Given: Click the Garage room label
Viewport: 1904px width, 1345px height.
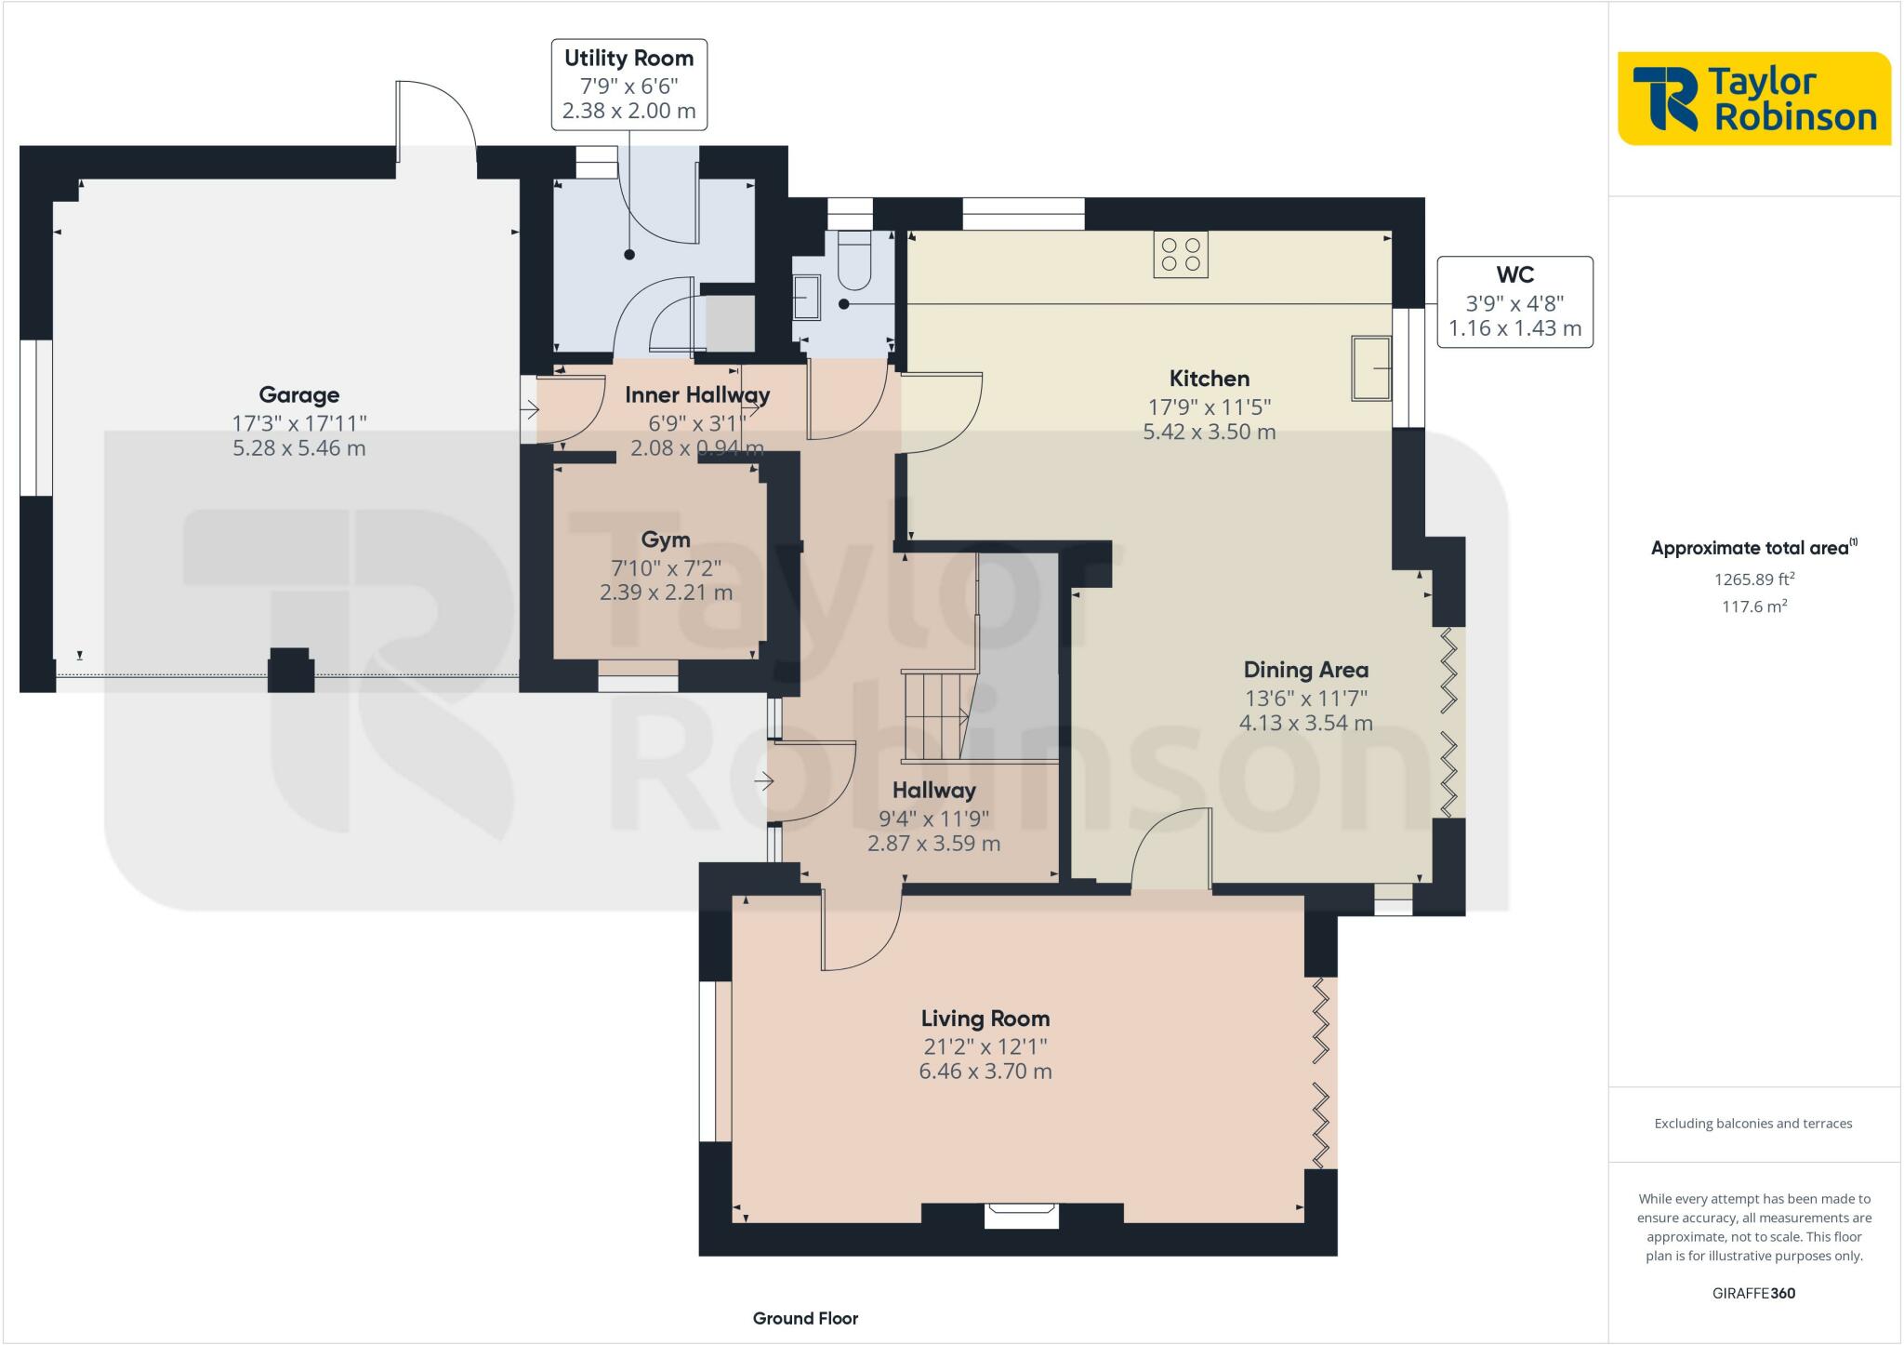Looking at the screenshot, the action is coord(298,395).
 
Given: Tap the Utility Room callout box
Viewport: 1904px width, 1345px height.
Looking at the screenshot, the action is coord(629,84).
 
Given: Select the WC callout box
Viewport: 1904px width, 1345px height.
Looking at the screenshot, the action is coord(1514,302).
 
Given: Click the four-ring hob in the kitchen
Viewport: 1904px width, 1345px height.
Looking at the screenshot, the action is coord(1181,254).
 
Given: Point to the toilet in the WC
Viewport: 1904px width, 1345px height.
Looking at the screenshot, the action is coord(853,260).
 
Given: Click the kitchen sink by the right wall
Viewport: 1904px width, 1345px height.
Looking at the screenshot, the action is coord(1371,368).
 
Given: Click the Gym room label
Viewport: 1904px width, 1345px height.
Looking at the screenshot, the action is coord(666,539).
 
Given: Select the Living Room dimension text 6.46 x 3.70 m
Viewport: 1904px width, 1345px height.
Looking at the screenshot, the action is coord(985,1072).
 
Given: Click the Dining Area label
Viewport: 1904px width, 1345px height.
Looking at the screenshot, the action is coord(1306,670).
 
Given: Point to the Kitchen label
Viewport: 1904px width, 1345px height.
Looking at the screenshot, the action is coord(1210,379).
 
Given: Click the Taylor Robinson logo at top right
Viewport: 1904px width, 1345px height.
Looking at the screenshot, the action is coord(1754,99).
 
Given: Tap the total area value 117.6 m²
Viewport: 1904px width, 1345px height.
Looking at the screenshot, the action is coord(1754,606).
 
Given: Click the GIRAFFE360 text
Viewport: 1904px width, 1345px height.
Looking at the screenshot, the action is coord(1753,1293).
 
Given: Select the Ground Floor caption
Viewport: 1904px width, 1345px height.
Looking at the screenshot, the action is coord(805,1318).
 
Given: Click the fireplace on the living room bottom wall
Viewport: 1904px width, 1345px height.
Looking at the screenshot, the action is coord(1022,1215).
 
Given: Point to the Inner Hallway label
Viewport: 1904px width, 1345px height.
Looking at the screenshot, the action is coord(697,394).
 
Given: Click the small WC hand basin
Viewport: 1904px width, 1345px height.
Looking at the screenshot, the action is coord(807,297).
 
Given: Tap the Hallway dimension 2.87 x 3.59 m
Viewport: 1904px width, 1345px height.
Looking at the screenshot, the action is coord(934,844).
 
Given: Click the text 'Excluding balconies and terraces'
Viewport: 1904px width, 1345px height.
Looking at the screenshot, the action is coord(1753,1124).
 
